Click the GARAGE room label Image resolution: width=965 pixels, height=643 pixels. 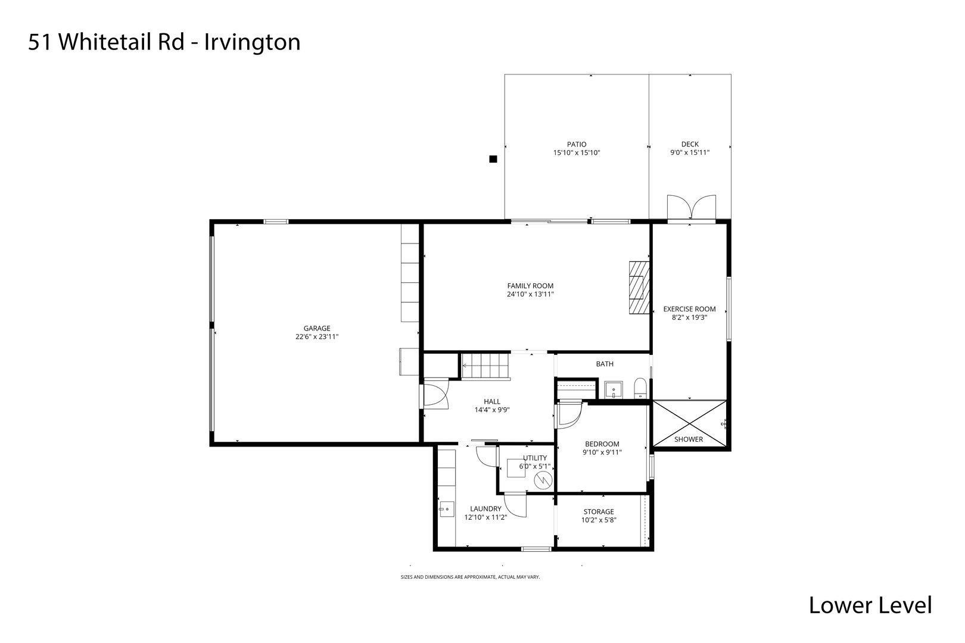pos(317,328)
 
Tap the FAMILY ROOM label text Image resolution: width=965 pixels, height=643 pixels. pos(530,286)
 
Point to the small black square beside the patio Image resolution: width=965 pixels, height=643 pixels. pos(493,159)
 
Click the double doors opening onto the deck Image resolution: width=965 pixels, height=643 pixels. pos(691,208)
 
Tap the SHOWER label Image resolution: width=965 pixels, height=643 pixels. pos(689,439)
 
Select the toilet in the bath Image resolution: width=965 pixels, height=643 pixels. pos(640,388)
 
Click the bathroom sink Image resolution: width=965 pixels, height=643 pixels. pos(613,390)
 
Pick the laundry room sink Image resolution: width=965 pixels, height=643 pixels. pos(446,509)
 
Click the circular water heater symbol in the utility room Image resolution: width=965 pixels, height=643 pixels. pos(543,480)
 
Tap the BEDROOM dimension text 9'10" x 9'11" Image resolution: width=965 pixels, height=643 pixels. pos(602,452)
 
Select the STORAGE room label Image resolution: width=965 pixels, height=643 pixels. pos(599,511)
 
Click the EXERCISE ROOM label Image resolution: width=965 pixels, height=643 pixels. pos(689,309)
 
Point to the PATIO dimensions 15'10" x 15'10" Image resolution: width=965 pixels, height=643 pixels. pos(576,153)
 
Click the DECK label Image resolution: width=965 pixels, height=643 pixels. pos(690,144)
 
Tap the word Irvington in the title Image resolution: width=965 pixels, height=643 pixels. pos(253,42)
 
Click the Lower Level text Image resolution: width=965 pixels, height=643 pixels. pos(870,605)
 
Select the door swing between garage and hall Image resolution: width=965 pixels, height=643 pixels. pos(434,396)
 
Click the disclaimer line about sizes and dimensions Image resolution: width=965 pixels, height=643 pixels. pos(470,577)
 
